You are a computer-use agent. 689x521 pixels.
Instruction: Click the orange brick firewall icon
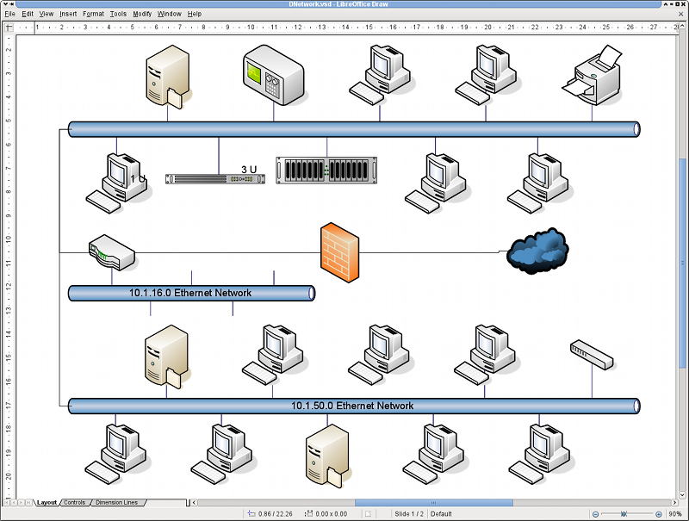pos(339,252)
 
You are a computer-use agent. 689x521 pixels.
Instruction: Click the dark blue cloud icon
pos(537,251)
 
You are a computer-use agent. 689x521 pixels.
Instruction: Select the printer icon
pos(593,75)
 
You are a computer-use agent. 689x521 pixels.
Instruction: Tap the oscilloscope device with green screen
pos(273,75)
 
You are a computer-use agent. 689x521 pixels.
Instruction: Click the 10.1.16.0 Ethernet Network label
pos(189,293)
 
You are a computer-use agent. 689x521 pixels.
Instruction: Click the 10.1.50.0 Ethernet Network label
pos(352,406)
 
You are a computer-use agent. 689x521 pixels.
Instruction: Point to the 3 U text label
pos(249,170)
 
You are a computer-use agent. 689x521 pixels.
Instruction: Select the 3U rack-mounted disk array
pos(326,170)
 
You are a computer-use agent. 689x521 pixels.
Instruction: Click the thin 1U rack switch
pos(215,179)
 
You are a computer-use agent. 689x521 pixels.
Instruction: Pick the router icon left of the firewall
pos(112,252)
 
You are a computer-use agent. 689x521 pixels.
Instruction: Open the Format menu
pos(94,14)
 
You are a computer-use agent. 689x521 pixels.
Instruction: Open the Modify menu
pos(142,14)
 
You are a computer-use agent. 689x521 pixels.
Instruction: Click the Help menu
pos(195,14)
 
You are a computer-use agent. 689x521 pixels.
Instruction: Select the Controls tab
pos(74,503)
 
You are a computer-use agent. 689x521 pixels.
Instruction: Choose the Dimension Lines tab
pos(116,503)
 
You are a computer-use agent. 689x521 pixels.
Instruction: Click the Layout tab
pos(47,503)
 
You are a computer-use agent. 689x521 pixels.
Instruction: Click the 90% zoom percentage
pos(675,514)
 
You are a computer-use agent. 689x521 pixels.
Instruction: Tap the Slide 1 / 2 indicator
pos(409,514)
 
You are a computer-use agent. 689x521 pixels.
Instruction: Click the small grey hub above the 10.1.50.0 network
pos(592,355)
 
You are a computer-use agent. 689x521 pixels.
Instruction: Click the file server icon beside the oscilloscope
pos(168,77)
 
